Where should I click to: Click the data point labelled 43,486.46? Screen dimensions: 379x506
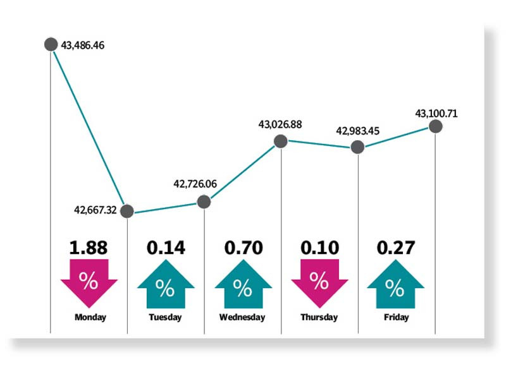(51, 44)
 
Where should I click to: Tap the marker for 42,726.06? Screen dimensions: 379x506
(204, 202)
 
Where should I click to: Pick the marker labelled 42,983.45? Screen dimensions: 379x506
(357, 147)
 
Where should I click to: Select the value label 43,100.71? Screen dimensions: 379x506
(436, 114)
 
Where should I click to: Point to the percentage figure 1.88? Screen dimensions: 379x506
(89, 247)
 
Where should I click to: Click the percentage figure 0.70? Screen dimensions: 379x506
(242, 247)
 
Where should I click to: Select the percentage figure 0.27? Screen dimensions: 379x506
(395, 247)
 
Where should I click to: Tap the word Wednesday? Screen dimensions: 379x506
(242, 317)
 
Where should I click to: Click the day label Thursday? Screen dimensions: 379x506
(319, 317)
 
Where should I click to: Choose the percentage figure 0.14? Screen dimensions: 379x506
(165, 247)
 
